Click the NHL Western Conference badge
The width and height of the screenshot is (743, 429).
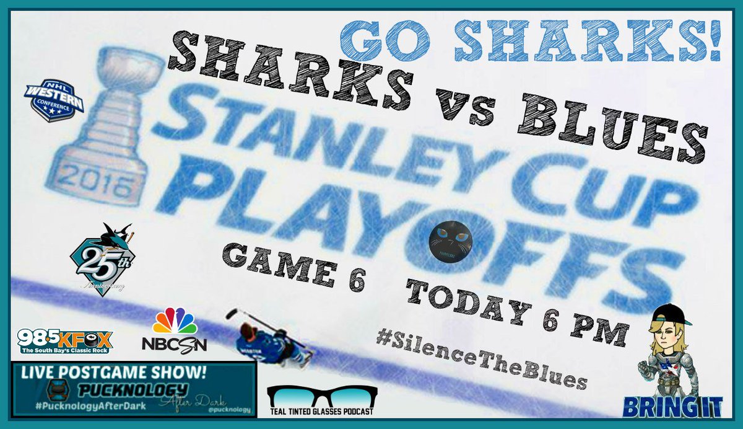click(x=53, y=99)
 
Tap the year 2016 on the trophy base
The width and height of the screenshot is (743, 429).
click(x=106, y=182)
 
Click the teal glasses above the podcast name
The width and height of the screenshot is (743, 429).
click(x=321, y=396)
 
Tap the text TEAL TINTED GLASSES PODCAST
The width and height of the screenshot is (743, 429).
click(x=322, y=417)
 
